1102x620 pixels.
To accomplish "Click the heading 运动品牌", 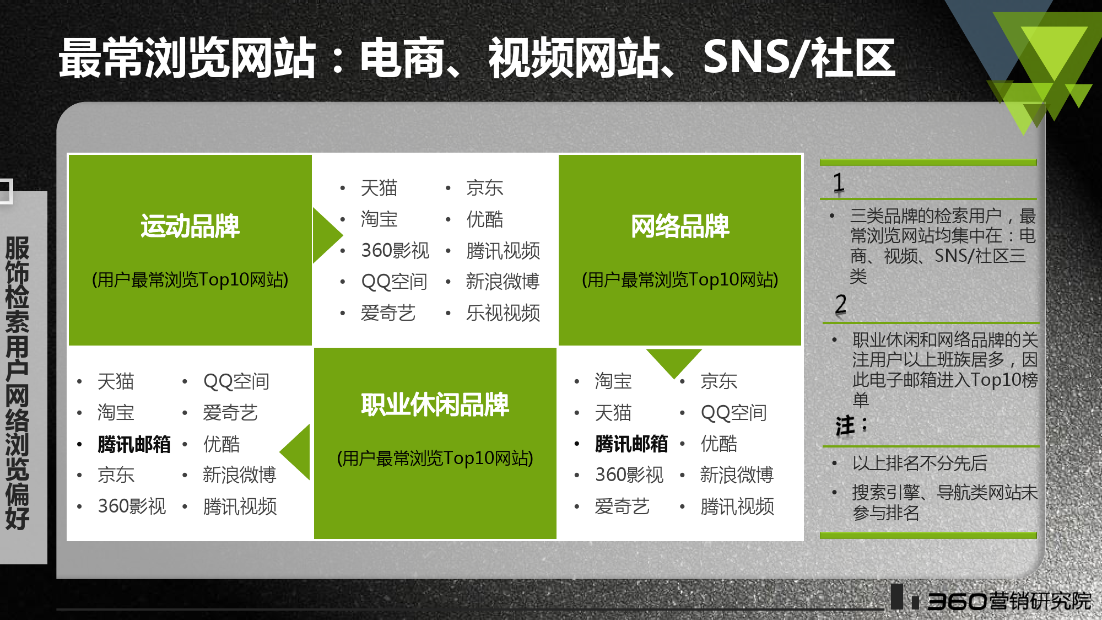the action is click(x=190, y=226).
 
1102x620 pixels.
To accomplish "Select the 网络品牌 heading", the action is click(x=680, y=226).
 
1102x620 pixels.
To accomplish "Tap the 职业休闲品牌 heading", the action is click(x=435, y=405).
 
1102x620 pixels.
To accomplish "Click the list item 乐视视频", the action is click(x=503, y=313).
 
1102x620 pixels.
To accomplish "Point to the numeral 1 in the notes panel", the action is click(x=839, y=182).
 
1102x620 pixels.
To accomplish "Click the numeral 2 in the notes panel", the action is click(x=841, y=304).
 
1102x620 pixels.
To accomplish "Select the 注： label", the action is click(x=852, y=425).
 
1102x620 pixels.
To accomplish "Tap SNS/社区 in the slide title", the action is click(x=800, y=58).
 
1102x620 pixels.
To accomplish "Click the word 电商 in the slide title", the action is click(x=403, y=58).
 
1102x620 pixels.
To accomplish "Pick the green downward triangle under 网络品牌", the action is click(x=674, y=363).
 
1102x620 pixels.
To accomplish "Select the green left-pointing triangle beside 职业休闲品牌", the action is click(x=295, y=451).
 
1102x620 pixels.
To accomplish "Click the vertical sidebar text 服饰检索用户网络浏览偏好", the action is click(x=17, y=382).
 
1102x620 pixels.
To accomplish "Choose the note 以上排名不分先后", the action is click(x=920, y=463).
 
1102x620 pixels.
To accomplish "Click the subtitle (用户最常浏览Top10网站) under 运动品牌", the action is click(x=190, y=279).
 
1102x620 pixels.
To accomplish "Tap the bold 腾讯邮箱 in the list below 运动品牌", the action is click(x=134, y=444).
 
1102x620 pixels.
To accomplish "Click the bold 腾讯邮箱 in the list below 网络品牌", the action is click(x=631, y=444).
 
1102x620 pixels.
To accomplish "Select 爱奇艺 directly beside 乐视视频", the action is click(x=388, y=313).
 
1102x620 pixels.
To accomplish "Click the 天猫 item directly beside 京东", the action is click(x=379, y=188).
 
